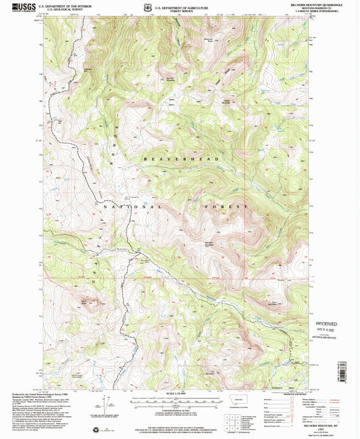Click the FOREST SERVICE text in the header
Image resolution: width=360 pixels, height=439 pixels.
coord(180,11)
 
